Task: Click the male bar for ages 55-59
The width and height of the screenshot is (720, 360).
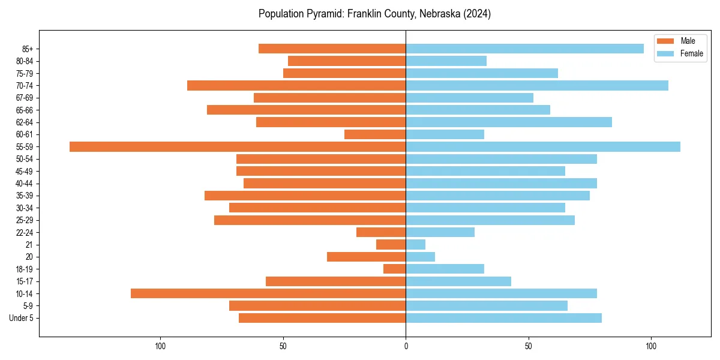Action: point(238,146)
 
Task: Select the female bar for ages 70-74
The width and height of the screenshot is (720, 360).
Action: point(537,85)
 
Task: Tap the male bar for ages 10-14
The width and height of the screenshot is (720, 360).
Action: point(268,293)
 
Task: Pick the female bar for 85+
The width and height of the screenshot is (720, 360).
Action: point(524,49)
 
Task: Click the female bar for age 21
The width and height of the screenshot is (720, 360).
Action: point(416,244)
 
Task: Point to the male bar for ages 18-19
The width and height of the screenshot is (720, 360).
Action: point(395,269)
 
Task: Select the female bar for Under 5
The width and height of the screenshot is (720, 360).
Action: point(503,318)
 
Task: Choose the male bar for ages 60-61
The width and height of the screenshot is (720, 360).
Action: point(375,134)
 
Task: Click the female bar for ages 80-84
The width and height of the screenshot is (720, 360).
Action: point(446,61)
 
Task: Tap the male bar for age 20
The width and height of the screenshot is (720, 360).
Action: point(367,257)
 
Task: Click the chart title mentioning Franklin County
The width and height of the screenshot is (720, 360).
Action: point(374,14)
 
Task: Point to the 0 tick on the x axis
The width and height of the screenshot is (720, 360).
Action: point(406,346)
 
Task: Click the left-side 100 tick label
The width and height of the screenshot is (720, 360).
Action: point(160,346)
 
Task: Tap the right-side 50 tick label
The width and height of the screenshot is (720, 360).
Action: point(529,346)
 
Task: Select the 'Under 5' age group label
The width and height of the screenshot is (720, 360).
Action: point(21,318)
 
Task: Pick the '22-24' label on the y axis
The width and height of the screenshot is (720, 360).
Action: point(24,232)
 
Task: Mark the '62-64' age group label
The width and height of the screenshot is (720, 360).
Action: point(24,122)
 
